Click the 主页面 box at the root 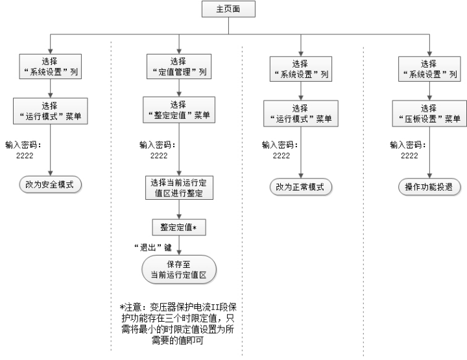(228, 9)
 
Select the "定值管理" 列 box (179, 66)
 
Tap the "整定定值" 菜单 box (179, 110)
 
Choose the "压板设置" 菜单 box (429, 114)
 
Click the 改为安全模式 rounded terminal (51, 185)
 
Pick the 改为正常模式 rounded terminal (301, 187)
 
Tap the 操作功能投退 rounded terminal (429, 187)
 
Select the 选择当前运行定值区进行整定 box (179, 187)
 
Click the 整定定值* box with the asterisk (179, 228)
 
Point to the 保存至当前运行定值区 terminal (179, 269)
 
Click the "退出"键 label (153, 247)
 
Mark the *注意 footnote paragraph (178, 324)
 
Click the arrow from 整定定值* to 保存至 (179, 245)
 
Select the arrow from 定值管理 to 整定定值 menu (179, 88)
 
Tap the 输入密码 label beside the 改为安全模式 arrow (23, 150)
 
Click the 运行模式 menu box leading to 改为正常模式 (301, 114)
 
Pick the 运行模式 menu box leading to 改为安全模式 (51, 111)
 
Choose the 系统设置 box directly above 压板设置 (429, 69)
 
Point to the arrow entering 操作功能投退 (429, 152)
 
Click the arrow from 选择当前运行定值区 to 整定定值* (179, 210)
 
